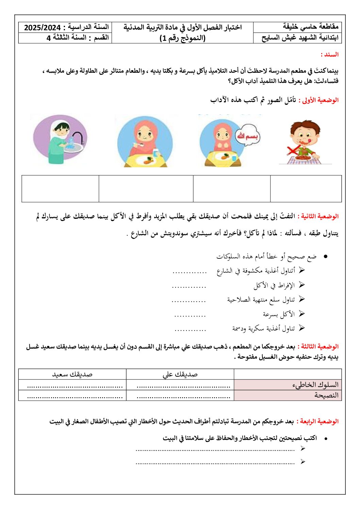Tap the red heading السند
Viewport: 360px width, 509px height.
[x=329, y=54]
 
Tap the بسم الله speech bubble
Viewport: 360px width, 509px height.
[x=247, y=136]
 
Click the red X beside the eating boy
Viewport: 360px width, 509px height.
[x=293, y=150]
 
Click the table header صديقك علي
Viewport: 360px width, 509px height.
[x=180, y=374]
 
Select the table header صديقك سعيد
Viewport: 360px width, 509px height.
[x=72, y=374]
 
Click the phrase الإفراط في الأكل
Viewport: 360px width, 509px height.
[x=274, y=285]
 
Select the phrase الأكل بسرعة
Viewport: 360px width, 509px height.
[x=279, y=314]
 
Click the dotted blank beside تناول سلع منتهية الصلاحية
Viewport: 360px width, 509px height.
[x=189, y=301]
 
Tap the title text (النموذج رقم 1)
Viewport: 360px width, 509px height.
[x=182, y=38]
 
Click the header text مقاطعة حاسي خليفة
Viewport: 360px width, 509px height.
[x=310, y=26]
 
